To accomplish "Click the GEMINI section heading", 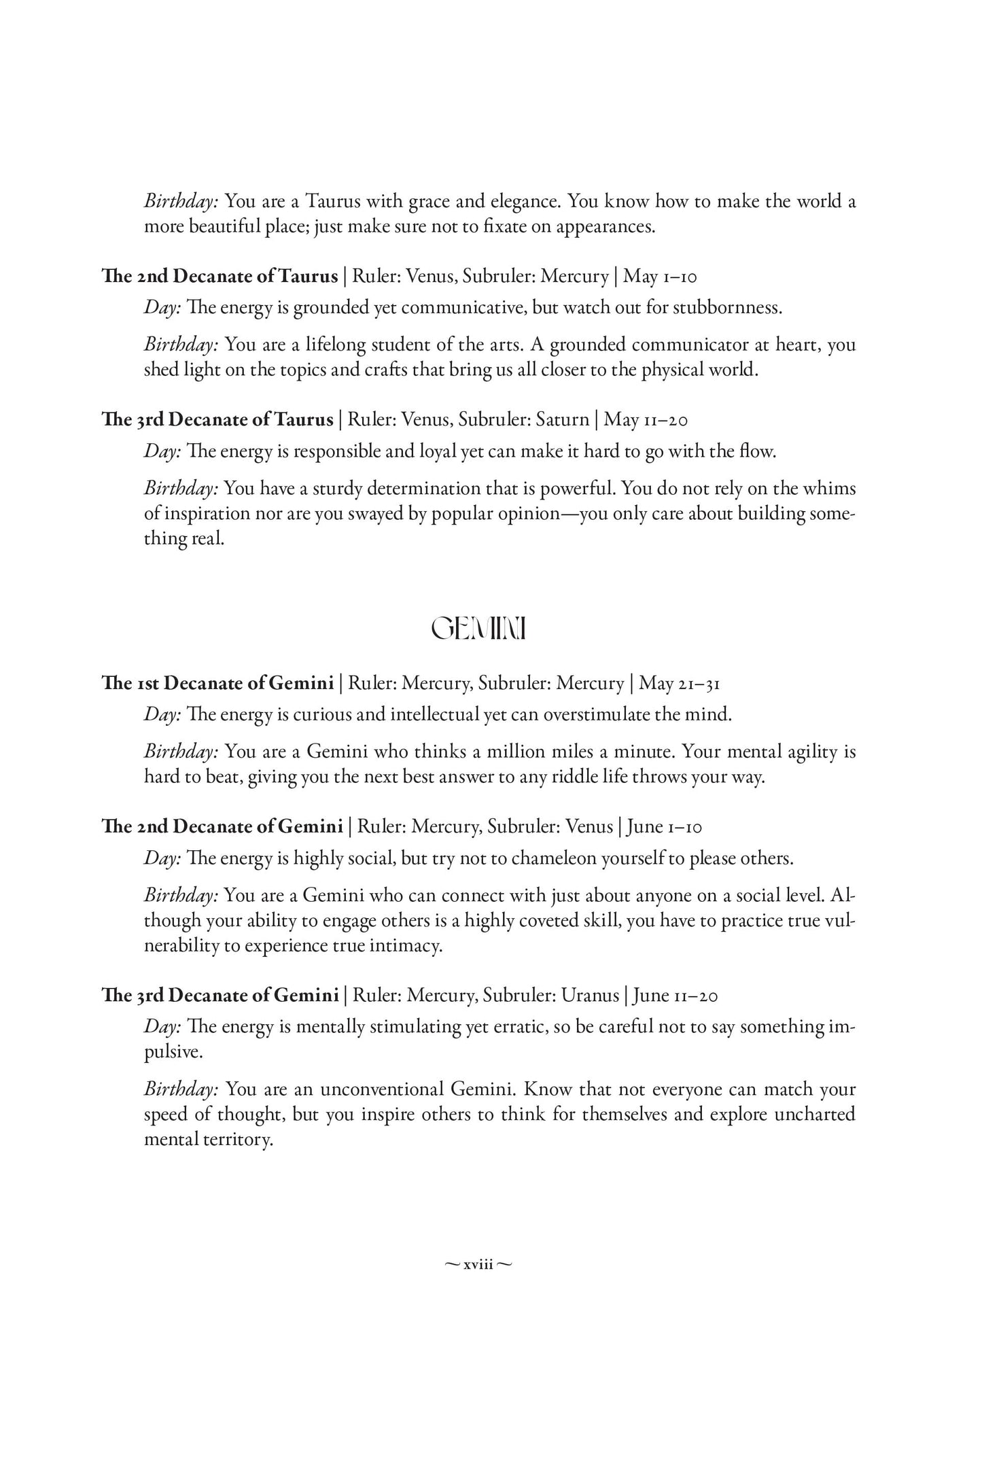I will pyautogui.click(x=480, y=630).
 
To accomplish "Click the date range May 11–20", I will pyautogui.click(x=646, y=420).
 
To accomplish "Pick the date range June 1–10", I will pyautogui.click(x=664, y=826).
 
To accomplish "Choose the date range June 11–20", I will pyautogui.click(x=676, y=996).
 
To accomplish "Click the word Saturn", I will pyautogui.click(x=562, y=420).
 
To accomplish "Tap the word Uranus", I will pyautogui.click(x=590, y=996).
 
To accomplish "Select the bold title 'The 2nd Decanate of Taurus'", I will pyautogui.click(x=220, y=277).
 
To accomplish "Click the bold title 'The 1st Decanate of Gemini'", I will pyautogui.click(x=217, y=683).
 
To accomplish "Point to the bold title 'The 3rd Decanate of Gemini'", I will pyautogui.click(x=220, y=996).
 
